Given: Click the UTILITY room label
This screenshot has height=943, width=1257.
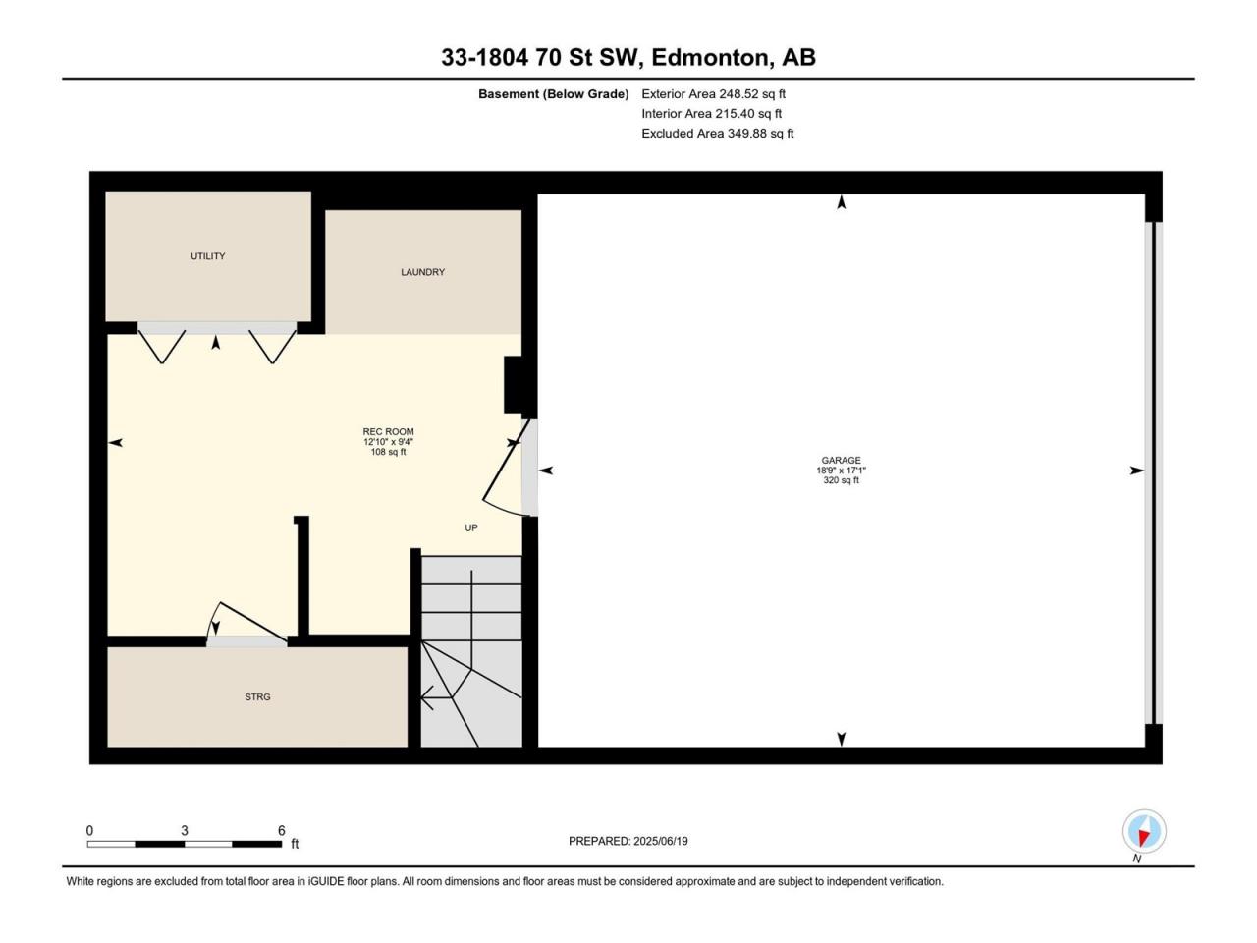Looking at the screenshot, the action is pos(208,256).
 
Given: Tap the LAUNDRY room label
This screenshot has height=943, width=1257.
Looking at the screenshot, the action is pos(422,272).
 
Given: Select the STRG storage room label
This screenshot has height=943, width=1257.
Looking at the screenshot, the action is pos(257,697).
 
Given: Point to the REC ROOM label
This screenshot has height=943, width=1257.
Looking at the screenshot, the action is pos(388,431).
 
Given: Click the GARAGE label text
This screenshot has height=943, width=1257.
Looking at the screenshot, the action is pos(842,461).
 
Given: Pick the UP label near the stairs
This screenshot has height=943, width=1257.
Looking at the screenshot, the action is pos(471,527).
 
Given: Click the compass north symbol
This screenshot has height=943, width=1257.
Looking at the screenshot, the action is pos(1144,831).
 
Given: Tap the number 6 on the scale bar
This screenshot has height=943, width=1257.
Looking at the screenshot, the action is pos(282,830).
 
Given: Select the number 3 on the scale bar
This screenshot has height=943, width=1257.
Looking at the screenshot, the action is pos(185,830).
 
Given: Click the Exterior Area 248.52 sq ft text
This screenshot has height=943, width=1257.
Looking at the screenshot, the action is pos(714,94).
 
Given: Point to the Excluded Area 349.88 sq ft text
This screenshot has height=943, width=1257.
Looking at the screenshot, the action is pos(718,134).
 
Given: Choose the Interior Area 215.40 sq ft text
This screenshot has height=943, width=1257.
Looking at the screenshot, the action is pos(712,113).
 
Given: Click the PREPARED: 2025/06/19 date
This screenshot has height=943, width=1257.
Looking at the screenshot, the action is pos(628,841).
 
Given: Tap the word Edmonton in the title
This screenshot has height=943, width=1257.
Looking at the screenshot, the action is pos(710,58).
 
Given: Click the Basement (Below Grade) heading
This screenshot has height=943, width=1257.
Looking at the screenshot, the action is pos(554,94).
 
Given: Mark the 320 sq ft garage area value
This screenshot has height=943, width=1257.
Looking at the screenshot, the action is pos(842,480).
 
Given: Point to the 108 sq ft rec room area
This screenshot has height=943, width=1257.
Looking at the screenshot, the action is pos(388,452).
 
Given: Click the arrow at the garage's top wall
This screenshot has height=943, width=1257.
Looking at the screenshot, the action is pos(842,202).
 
